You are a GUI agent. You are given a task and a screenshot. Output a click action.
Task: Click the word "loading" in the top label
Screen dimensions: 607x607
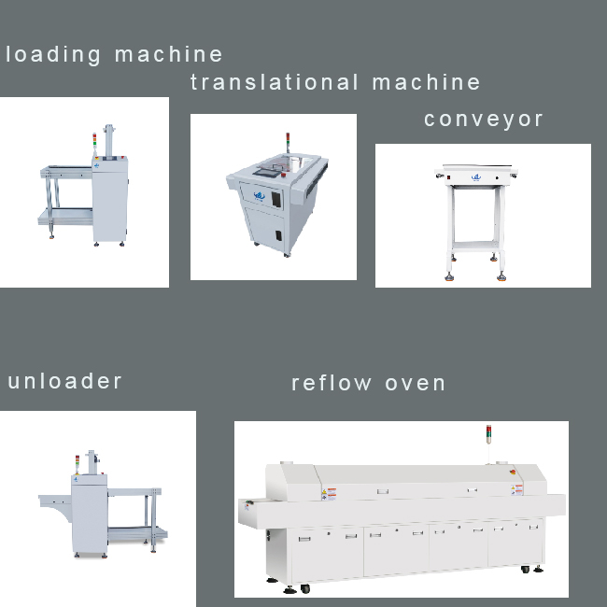[x=54, y=55]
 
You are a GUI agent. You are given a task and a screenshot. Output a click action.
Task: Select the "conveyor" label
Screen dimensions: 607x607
[x=483, y=120]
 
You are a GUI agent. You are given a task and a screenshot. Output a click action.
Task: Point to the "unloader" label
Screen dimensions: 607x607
[x=65, y=381]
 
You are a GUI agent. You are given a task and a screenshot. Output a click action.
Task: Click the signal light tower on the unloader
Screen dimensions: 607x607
[x=78, y=463]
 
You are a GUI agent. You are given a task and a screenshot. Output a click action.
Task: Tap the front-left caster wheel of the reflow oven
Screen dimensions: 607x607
[x=304, y=588]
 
